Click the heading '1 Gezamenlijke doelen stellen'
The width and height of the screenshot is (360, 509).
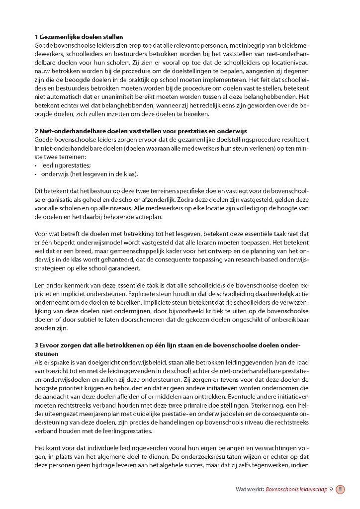click(79, 37)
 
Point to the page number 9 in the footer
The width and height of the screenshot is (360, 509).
click(331, 489)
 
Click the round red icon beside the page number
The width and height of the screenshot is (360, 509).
click(341, 489)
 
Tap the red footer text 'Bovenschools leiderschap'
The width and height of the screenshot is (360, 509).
click(296, 489)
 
